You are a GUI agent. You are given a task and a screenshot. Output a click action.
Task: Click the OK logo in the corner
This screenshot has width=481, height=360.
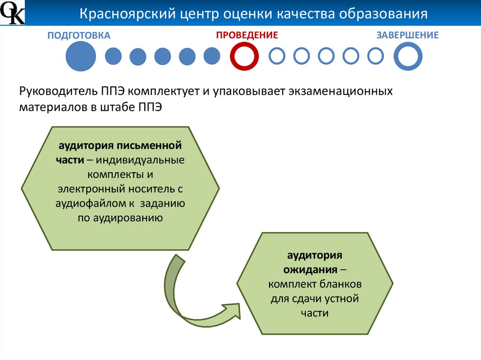click(12, 13)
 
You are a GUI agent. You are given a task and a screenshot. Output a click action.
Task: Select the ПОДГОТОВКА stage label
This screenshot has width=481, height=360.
click(78, 35)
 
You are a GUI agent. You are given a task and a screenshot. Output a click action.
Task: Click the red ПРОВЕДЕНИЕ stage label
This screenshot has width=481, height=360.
click(247, 35)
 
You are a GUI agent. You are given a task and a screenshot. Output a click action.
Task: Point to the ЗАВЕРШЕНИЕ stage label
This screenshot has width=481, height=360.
click(408, 35)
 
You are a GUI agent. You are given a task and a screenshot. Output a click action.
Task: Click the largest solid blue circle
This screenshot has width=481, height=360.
click(80, 56)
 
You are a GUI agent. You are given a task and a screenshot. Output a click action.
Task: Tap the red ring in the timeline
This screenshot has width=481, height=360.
click(245, 56)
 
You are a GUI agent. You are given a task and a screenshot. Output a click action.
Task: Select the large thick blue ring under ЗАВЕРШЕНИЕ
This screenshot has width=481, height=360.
click(408, 56)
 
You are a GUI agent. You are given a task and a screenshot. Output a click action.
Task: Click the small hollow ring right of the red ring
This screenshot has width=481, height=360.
click(277, 56)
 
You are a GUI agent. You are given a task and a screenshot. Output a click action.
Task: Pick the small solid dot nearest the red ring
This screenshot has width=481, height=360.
click(212, 56)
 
